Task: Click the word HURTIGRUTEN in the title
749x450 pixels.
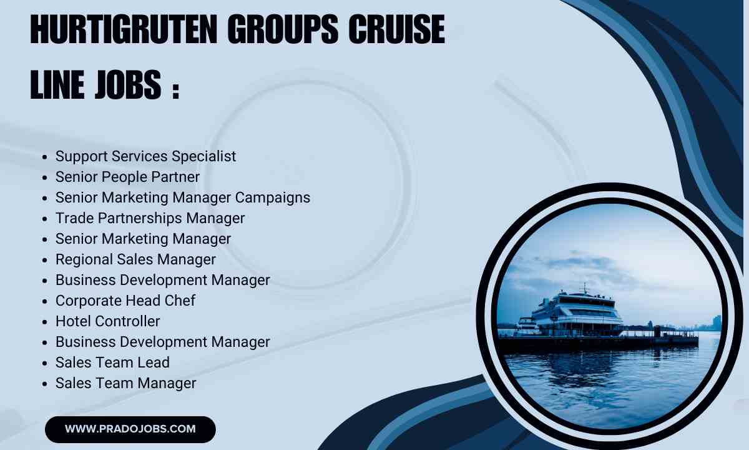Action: tap(124, 29)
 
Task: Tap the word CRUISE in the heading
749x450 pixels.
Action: tap(396, 29)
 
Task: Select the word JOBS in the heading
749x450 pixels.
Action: tap(128, 84)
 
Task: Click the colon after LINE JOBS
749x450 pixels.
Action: tap(176, 90)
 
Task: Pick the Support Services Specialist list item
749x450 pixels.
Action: tap(146, 156)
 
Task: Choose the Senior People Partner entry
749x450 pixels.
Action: tap(127, 177)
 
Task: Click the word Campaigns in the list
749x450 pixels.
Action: tap(273, 197)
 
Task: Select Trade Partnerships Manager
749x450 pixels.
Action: tap(150, 218)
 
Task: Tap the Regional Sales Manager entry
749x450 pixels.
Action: tap(135, 259)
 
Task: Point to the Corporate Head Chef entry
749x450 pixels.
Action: tap(125, 301)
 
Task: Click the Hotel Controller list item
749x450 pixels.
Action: tap(107, 321)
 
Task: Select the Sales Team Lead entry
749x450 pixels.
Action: tap(113, 362)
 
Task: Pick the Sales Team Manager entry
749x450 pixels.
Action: tap(125, 383)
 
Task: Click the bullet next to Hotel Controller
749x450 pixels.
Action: tap(45, 322)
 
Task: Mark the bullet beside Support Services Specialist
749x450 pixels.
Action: tap(45, 157)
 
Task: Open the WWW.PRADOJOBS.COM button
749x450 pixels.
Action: tap(130, 429)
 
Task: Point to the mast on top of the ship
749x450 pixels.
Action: tap(585, 289)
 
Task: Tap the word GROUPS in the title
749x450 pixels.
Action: tap(283, 29)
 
